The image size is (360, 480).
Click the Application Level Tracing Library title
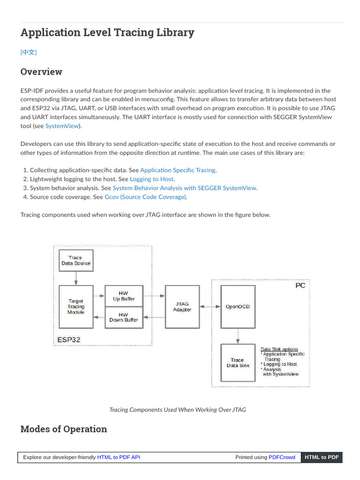coord(107,32)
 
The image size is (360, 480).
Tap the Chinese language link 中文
coord(29,52)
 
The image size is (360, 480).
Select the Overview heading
coord(41,72)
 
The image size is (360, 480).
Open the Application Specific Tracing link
coord(178,170)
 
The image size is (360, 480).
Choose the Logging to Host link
coord(152,179)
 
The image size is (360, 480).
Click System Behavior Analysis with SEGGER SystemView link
coord(184,188)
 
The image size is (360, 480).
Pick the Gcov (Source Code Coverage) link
coord(145,197)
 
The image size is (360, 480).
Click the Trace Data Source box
coord(75,261)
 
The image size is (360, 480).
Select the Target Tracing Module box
coord(75,307)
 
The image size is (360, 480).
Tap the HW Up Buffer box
coord(123,296)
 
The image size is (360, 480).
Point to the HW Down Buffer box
coord(123,317)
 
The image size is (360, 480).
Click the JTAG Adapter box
coord(182,307)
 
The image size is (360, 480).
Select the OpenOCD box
coord(238,307)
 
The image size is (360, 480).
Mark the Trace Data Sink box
coord(238,363)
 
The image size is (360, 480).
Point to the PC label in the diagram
coord(300,285)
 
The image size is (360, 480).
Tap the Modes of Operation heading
coord(64,429)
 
